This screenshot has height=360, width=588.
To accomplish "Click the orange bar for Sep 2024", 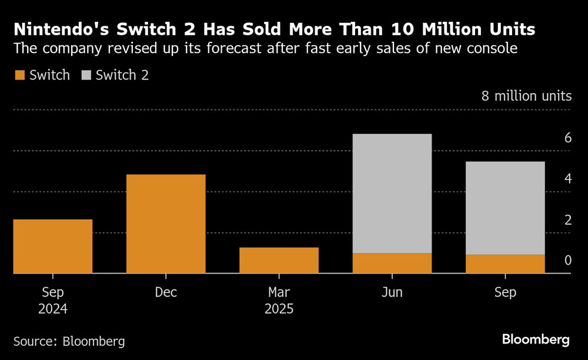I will point(52,246).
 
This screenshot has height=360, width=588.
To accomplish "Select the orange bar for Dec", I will point(166,224).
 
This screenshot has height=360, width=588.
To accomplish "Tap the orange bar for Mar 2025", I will point(279,261).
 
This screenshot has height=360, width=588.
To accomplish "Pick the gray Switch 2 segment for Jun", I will point(392,194).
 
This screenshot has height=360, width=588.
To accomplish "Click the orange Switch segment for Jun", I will point(392,264).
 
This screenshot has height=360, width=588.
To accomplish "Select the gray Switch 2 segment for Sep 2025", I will point(505,208).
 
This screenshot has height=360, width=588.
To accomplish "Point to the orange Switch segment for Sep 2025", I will point(505,264).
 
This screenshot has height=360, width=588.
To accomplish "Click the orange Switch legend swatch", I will point(19,75).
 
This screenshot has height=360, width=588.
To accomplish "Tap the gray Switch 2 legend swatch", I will point(86,75).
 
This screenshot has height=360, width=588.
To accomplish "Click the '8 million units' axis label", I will point(526,96).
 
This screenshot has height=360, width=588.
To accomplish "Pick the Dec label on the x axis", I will point(166,292).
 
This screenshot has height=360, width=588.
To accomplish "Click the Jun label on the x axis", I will point(392,292).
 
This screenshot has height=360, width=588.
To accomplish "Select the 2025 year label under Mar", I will point(279,309).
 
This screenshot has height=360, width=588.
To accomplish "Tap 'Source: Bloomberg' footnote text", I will point(69,341).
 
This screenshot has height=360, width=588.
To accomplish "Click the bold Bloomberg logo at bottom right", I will point(536,339).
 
